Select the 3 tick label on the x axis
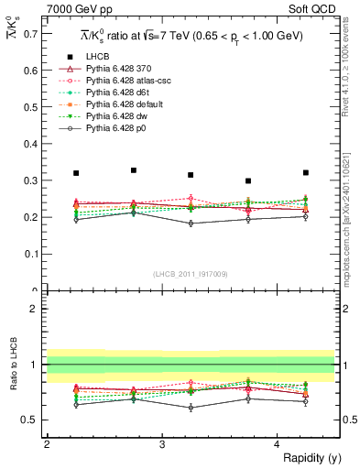162,444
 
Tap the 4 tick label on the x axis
278,444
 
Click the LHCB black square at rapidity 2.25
76,173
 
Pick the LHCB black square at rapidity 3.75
248,181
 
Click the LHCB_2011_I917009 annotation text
190,273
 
